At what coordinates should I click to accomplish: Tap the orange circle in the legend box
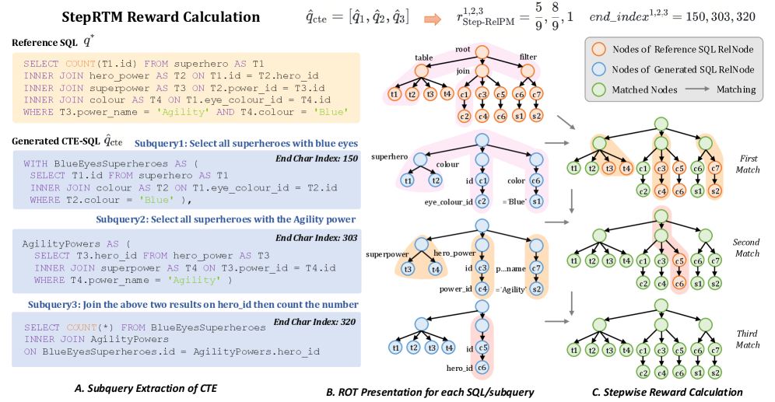pyautogui.click(x=598, y=50)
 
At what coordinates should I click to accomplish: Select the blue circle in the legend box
pyautogui.click(x=598, y=69)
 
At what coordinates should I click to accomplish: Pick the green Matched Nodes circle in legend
pyautogui.click(x=598, y=89)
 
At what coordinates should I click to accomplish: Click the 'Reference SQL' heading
pyautogui.click(x=44, y=42)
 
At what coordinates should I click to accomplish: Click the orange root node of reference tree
pyautogui.click(x=481, y=53)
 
